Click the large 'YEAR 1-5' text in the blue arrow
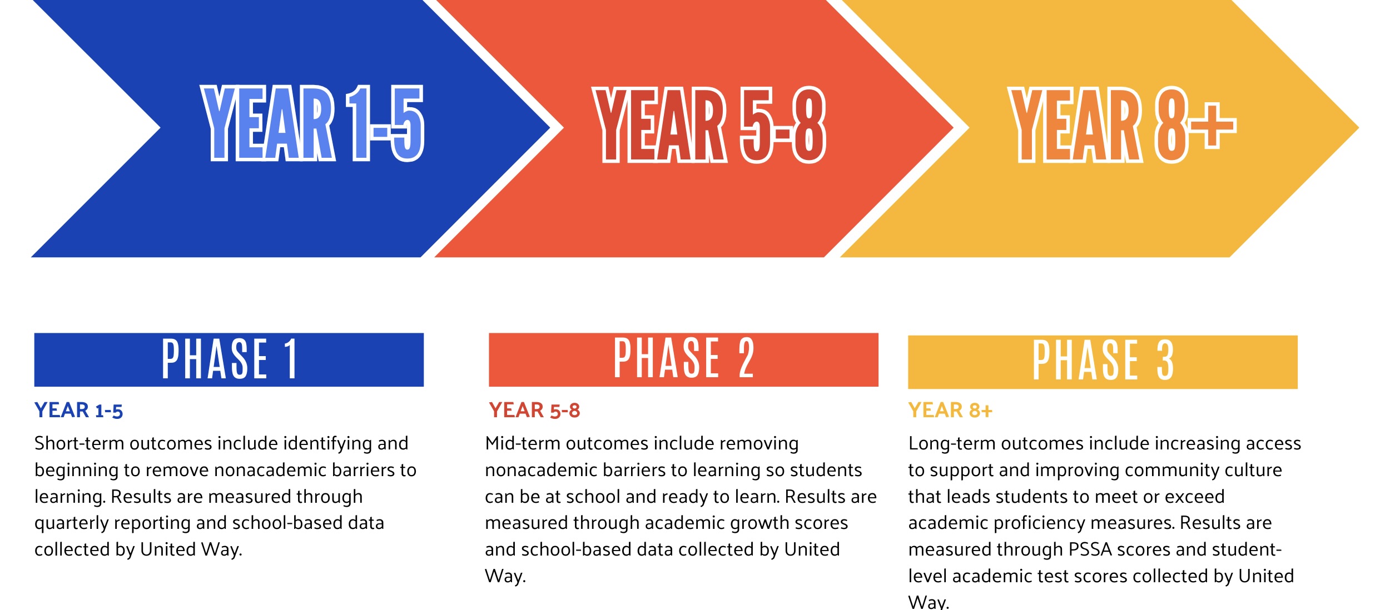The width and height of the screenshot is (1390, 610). coord(312,123)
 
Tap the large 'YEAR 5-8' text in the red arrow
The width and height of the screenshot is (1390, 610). coord(709,125)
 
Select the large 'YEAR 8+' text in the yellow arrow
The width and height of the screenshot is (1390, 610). coord(1123,125)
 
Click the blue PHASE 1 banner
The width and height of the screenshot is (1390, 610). coord(229,359)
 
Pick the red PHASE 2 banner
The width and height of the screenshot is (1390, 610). coord(683,359)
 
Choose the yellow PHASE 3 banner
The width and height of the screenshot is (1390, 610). coord(1103,362)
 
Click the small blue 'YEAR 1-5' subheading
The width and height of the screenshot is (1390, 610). coord(78,410)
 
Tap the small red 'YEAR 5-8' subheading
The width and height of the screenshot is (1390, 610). coord(534,410)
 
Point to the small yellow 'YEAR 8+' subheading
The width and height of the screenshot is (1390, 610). coord(950,410)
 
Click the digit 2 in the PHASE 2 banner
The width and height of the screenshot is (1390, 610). coord(746,358)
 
